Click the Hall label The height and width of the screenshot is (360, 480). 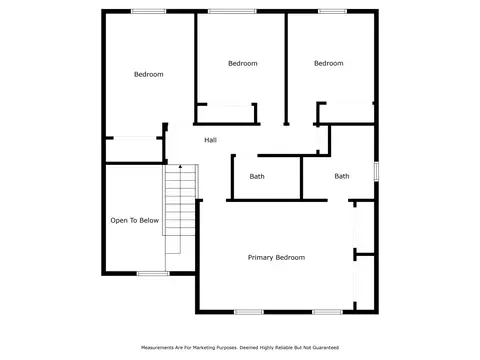[x=210, y=140]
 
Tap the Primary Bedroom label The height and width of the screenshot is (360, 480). [x=276, y=257]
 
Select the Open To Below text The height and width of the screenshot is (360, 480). [x=135, y=220]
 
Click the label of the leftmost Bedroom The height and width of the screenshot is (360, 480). [x=149, y=74]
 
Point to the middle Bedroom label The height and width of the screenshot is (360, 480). [x=243, y=63]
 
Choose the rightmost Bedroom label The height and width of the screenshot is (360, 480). [x=329, y=63]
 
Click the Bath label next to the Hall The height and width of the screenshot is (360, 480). [x=257, y=176]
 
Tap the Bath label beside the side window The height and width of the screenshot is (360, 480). [x=342, y=176]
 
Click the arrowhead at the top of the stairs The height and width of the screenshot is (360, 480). [x=180, y=166]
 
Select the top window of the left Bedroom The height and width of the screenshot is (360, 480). [x=148, y=11]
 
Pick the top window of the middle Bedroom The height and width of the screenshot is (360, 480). [x=232, y=11]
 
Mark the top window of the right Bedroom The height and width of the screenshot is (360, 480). [x=332, y=11]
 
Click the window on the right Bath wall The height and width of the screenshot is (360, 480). [x=376, y=171]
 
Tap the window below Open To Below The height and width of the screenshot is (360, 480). [x=153, y=274]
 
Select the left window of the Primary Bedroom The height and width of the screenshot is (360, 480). [x=249, y=312]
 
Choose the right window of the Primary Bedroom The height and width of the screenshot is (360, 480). [x=327, y=312]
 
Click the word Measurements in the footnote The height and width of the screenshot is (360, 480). [x=158, y=348]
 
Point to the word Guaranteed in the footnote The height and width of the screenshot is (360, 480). [x=325, y=348]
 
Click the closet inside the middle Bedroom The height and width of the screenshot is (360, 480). [x=227, y=114]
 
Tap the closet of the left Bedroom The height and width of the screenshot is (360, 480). [x=134, y=150]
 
